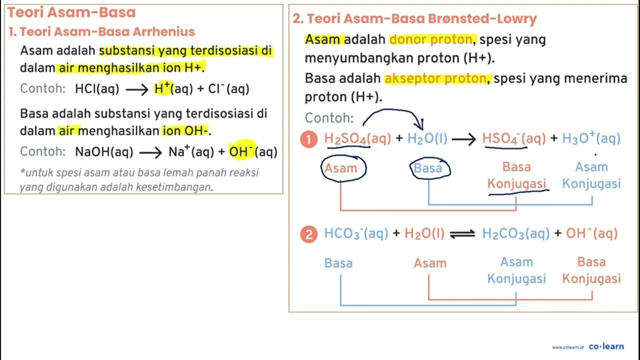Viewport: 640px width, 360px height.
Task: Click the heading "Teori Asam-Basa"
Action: (x=71, y=12)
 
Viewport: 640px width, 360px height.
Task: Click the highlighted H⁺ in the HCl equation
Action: (x=163, y=88)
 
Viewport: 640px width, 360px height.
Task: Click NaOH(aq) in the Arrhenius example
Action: (x=104, y=151)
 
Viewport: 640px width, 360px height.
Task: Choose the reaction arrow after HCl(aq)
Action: (x=137, y=90)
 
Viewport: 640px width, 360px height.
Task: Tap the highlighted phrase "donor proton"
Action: (x=431, y=39)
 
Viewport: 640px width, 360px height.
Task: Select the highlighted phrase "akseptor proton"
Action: (x=435, y=78)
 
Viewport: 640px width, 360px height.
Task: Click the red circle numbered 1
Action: (x=309, y=139)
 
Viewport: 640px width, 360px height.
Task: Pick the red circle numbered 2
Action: (x=309, y=234)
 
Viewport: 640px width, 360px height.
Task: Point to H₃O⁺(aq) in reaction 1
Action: (x=591, y=138)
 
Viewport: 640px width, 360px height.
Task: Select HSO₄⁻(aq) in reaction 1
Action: (x=513, y=139)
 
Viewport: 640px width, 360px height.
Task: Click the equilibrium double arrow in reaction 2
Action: (x=462, y=234)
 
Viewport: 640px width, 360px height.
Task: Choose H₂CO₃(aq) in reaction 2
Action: (x=515, y=233)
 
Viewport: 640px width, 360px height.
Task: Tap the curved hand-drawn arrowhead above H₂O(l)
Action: (x=420, y=124)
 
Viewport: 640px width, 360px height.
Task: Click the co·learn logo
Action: (x=606, y=346)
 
